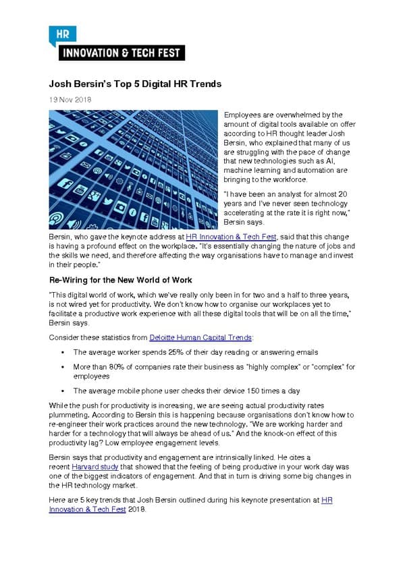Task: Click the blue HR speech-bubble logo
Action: [62, 34]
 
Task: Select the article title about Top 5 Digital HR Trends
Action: [135, 84]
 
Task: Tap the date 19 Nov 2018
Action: [70, 100]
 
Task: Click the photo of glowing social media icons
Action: [133, 169]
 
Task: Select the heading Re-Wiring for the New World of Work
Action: [121, 279]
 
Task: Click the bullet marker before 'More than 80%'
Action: [61, 367]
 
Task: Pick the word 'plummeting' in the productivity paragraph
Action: [70, 414]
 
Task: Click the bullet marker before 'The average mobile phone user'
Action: [61, 391]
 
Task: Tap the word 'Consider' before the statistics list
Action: [63, 337]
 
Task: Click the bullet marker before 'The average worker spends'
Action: [61, 353]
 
